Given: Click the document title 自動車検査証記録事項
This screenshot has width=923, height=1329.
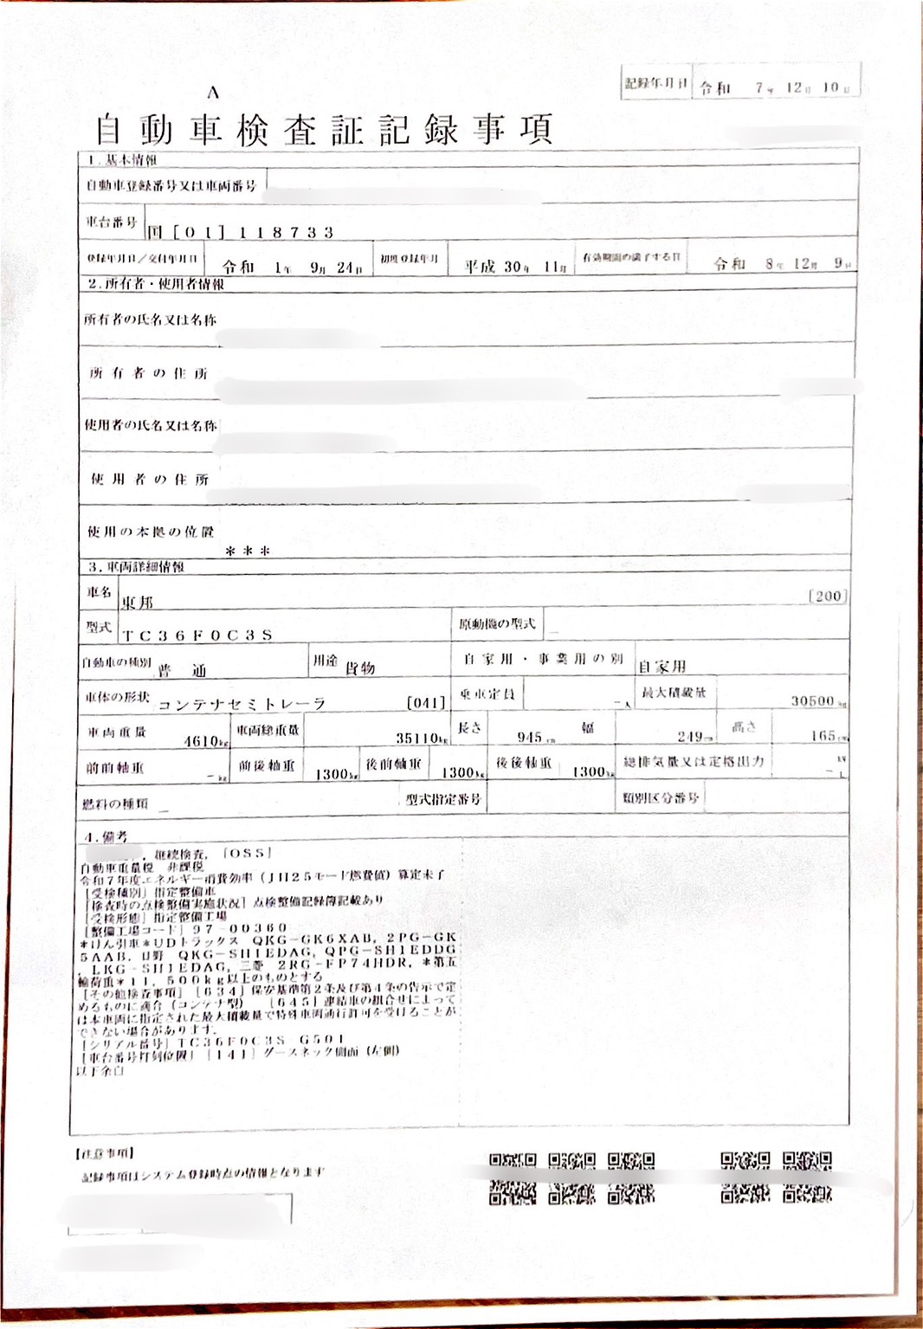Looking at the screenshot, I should coord(323,130).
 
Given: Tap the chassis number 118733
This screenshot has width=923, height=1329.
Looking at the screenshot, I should coord(286,232).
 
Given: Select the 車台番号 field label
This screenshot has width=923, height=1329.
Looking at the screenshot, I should coord(112,223).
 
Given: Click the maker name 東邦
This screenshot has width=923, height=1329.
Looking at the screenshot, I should coord(137,602).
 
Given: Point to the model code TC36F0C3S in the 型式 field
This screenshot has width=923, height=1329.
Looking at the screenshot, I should coord(197,635).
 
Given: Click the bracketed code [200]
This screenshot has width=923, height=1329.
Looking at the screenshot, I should coord(826,596).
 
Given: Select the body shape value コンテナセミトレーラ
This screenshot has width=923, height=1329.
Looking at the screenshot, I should coord(242,705).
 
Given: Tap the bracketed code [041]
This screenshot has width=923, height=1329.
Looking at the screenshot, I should coord(425,702).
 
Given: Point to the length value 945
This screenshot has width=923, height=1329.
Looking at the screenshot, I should coord(529,737).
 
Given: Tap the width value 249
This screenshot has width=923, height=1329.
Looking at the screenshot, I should coord(690,737).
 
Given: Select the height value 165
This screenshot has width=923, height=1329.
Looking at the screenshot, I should coord(823,736).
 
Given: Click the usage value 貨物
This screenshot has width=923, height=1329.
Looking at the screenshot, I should coord(360,668).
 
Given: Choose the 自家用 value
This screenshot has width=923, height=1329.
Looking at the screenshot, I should coord(662,667).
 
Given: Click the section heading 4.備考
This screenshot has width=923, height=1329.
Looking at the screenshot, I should coord(106,836).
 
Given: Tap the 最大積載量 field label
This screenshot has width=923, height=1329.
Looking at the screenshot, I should coord(674,693).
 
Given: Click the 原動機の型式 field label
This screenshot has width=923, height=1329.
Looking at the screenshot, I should coord(497,623).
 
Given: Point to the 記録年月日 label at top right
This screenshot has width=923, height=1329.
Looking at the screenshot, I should coord(655,84).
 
